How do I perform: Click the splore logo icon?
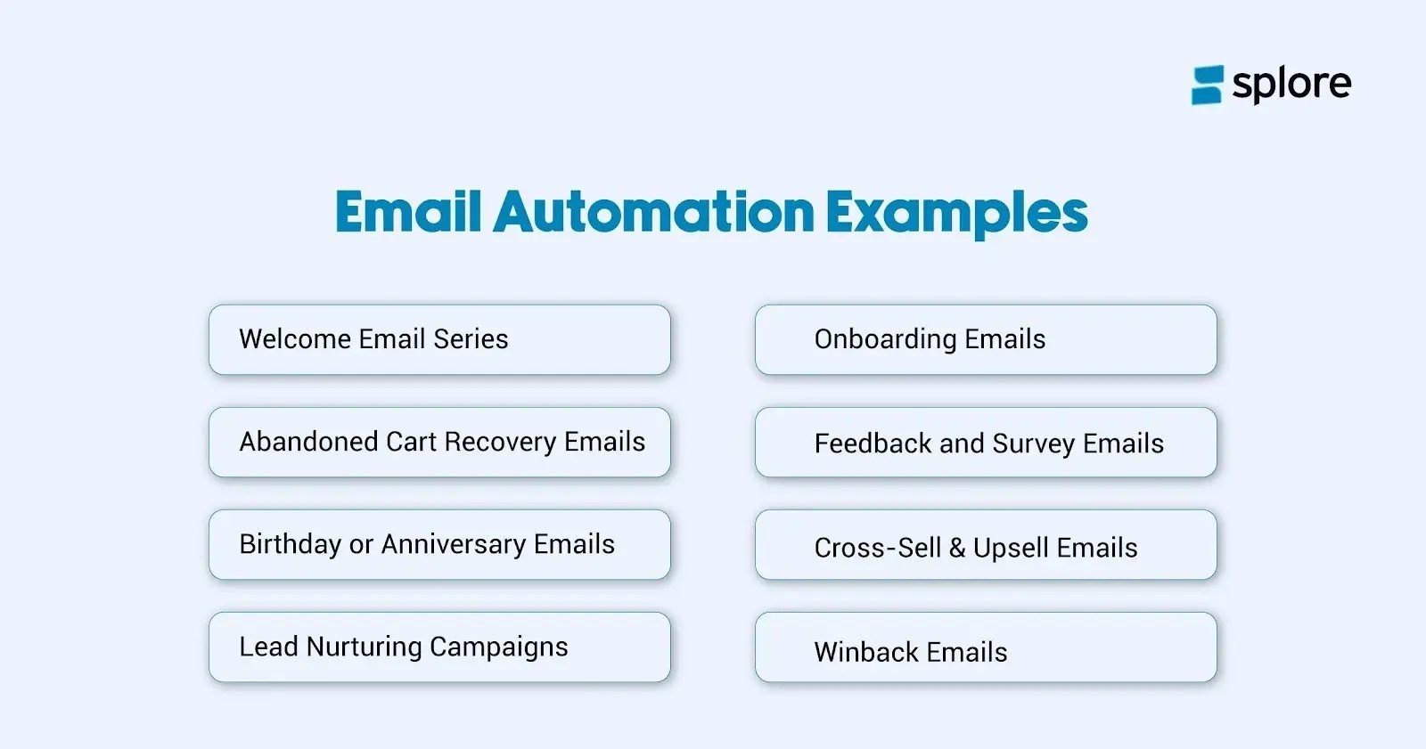(x=1208, y=85)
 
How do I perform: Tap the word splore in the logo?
(x=1291, y=85)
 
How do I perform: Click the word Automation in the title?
(x=653, y=212)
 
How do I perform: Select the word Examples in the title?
(x=956, y=214)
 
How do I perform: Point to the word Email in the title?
(x=408, y=212)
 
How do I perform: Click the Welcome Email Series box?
(x=439, y=339)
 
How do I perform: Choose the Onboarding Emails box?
(x=985, y=339)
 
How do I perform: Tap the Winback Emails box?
(x=985, y=647)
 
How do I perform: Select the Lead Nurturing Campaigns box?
(x=439, y=647)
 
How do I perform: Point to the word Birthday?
(x=291, y=544)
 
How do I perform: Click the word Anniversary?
(x=454, y=544)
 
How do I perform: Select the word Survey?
(x=1034, y=444)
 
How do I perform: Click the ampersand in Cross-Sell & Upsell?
(x=957, y=548)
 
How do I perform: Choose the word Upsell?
(x=1011, y=549)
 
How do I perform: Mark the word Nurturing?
(x=364, y=647)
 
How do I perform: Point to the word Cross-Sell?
(x=878, y=548)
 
